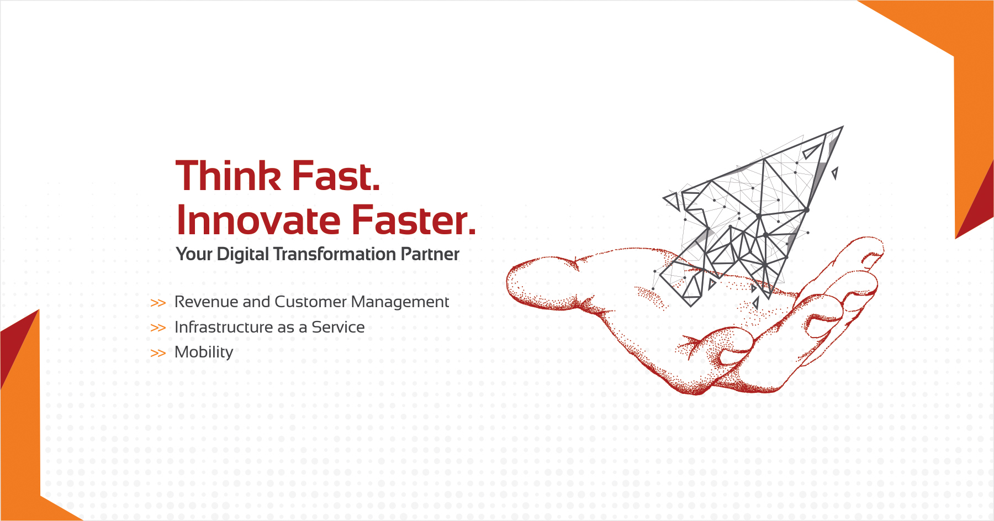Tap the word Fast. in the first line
pyautogui.click(x=336, y=176)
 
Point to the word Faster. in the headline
pyautogui.click(x=414, y=220)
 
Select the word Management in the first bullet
pyautogui.click(x=400, y=302)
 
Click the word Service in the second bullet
pyautogui.click(x=338, y=327)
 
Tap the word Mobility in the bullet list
pyautogui.click(x=204, y=352)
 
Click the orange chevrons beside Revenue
pyautogui.click(x=158, y=303)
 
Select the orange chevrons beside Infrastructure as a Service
pyautogui.click(x=158, y=328)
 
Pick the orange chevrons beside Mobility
pyautogui.click(x=158, y=353)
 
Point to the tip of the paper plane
pyautogui.click(x=843, y=127)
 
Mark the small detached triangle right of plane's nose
pyautogui.click(x=835, y=173)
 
